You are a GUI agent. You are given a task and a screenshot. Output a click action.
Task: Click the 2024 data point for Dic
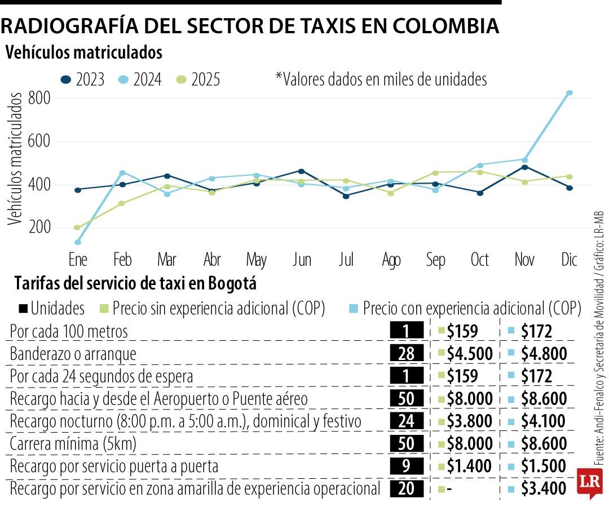570,93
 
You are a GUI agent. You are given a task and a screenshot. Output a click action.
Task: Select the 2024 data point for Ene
77,242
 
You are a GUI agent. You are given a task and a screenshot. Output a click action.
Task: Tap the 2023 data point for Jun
301,171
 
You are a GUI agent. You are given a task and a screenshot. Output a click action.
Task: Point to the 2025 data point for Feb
121,203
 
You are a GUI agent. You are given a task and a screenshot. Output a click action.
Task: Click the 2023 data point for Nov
525,167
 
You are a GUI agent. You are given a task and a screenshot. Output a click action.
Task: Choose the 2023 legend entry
82,79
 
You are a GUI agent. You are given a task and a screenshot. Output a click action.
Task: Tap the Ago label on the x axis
391,260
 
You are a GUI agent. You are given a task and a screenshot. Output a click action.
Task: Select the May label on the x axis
257,260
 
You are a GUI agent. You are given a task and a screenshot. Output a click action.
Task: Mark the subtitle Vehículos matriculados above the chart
84,53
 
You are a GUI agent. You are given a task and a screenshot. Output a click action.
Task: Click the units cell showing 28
407,353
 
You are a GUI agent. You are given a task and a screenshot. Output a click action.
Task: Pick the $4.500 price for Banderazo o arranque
469,353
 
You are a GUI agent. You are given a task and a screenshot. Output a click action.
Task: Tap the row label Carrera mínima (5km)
73,444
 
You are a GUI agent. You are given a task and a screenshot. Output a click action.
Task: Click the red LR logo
589,482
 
